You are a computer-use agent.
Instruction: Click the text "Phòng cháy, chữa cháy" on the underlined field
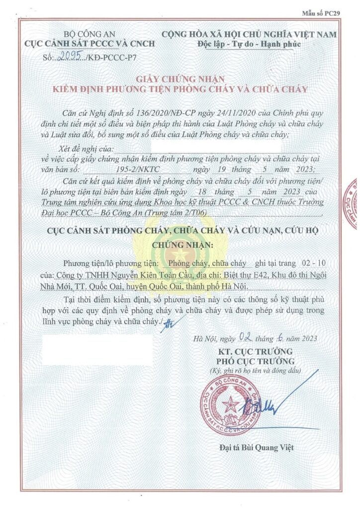click(x=207, y=263)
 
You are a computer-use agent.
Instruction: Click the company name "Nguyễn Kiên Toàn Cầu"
click(x=140, y=275)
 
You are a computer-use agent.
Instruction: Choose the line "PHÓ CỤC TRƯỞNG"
click(x=257, y=361)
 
